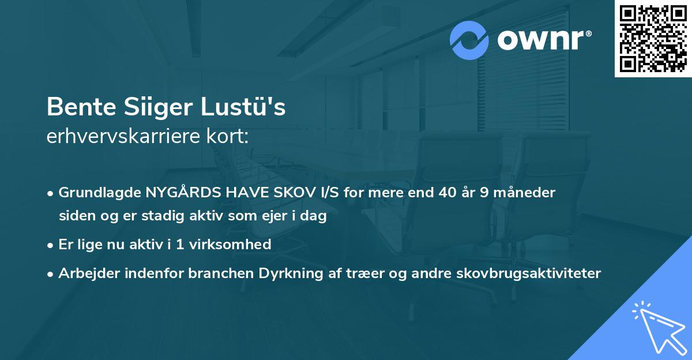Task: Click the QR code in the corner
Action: point(653,39)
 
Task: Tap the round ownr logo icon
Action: point(469,40)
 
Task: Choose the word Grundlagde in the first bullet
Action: point(100,193)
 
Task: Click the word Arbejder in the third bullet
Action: point(86,273)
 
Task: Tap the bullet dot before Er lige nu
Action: point(51,245)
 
